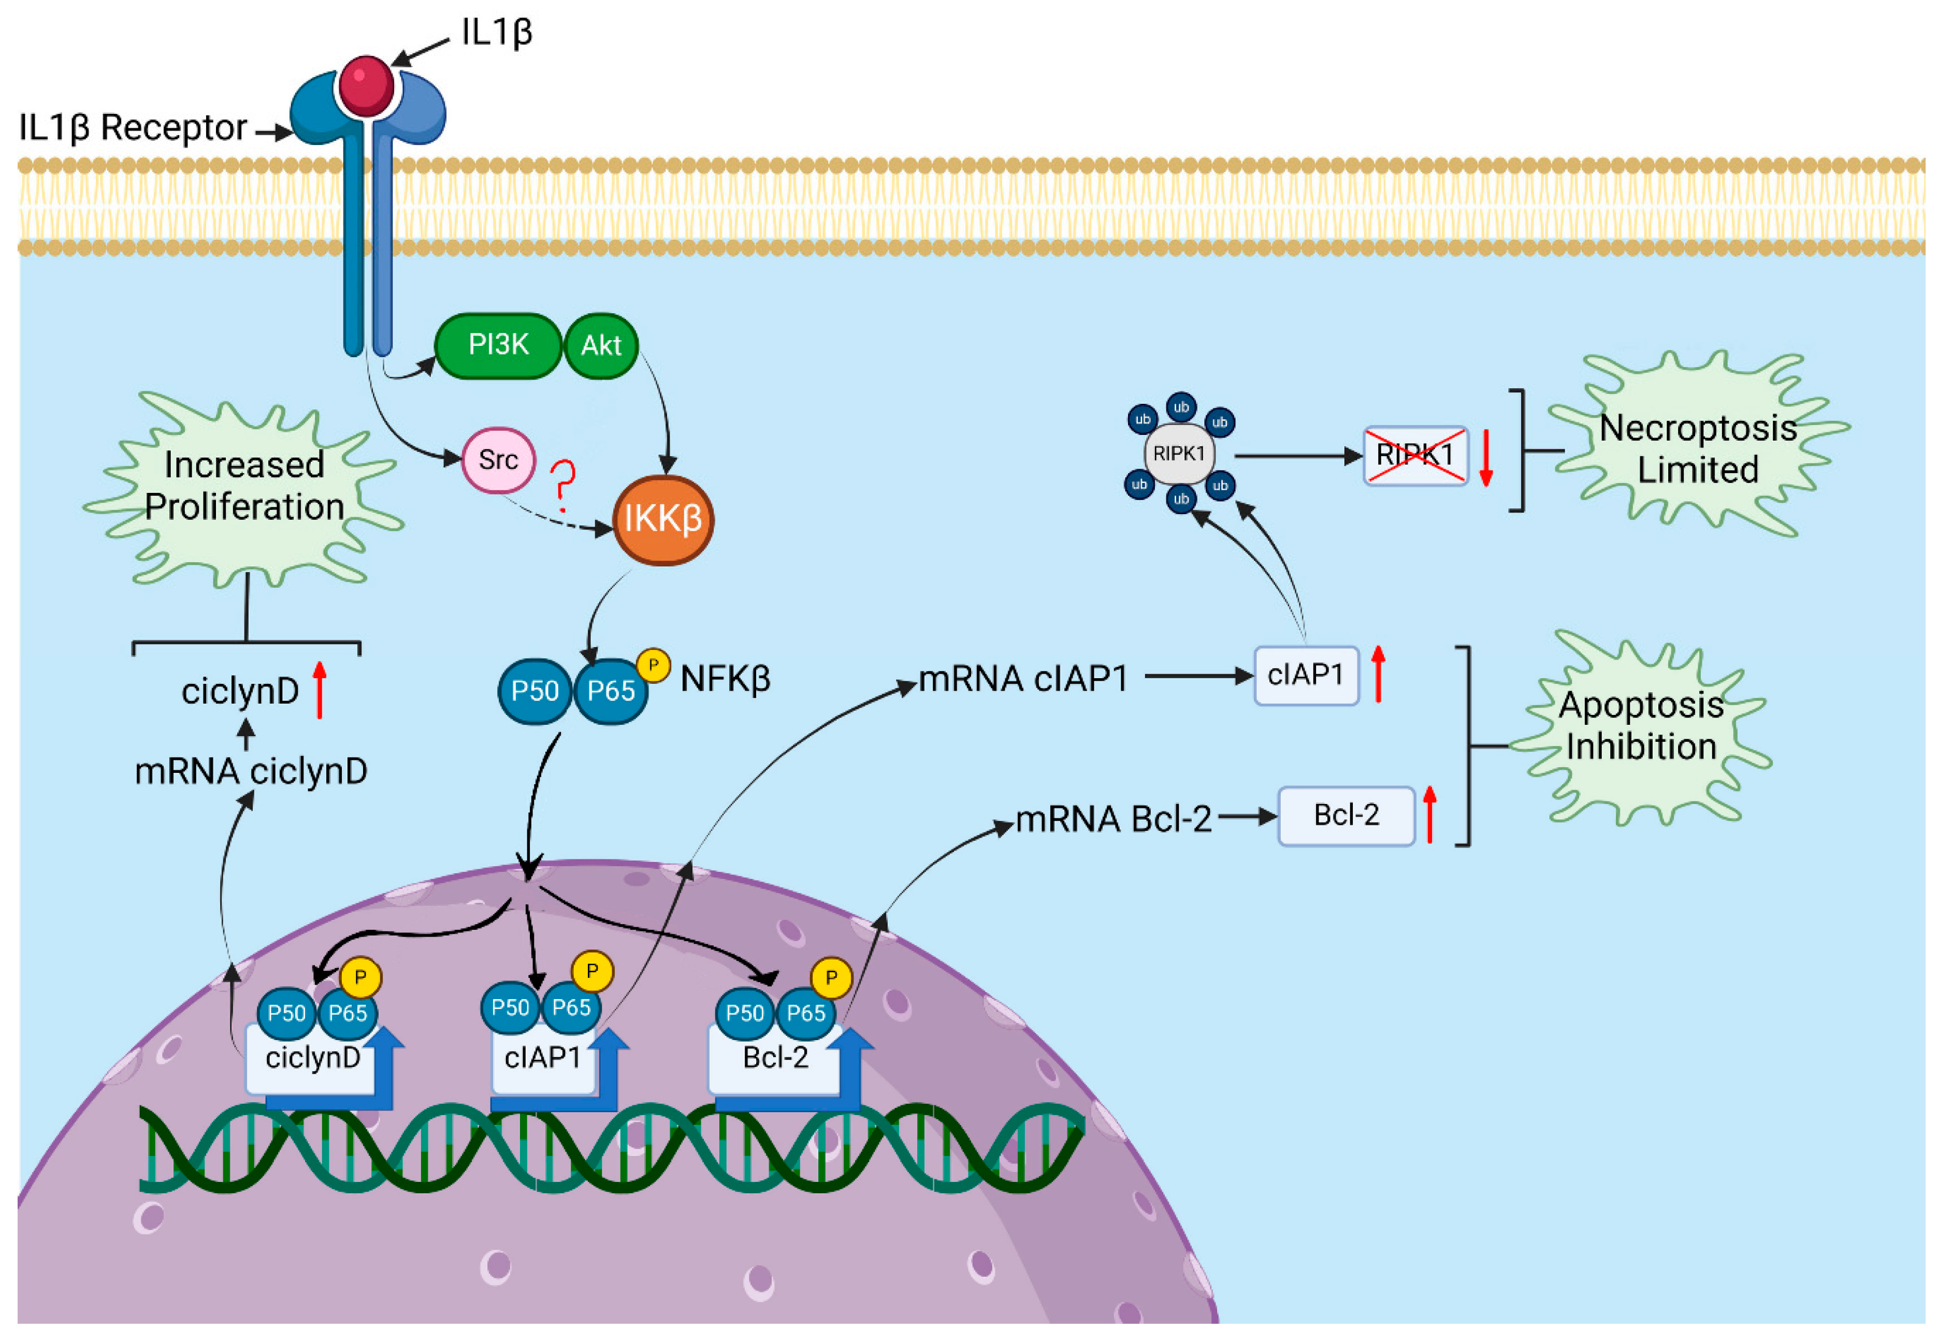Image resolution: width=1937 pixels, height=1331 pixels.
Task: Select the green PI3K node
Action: coord(498,345)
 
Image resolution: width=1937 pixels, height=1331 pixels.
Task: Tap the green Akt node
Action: coord(601,345)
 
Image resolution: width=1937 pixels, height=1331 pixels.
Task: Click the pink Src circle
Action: coord(498,460)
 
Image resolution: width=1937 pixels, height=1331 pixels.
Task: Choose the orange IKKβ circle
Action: coord(663,520)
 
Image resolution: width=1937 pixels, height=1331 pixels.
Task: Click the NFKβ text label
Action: coord(725,679)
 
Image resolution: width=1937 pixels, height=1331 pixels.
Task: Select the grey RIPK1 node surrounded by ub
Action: coord(1179,454)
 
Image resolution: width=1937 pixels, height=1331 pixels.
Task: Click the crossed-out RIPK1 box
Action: coord(1415,456)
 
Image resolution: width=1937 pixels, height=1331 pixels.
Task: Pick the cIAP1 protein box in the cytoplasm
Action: coord(1306,675)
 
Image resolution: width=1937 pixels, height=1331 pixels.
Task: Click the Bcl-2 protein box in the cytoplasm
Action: coord(1346,815)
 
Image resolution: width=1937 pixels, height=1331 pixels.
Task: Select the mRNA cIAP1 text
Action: coord(1023,678)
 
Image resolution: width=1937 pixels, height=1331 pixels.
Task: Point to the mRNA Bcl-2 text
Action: coord(1113,819)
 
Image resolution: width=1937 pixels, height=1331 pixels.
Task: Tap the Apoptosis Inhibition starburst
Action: coord(1640,725)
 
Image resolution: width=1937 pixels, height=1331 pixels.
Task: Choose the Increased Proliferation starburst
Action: coord(243,486)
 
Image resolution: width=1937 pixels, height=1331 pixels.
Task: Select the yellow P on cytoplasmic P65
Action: coord(653,665)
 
